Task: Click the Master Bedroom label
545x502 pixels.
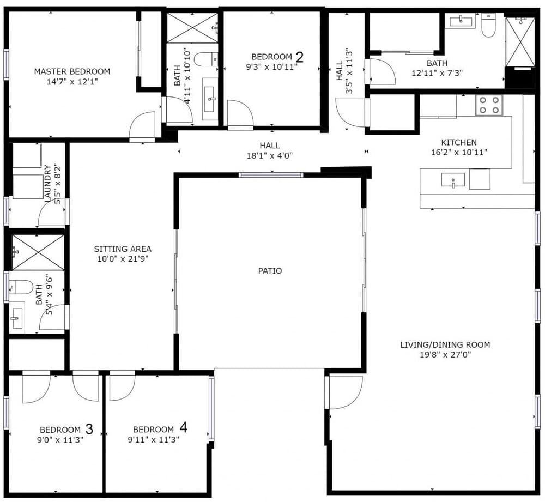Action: coord(72,71)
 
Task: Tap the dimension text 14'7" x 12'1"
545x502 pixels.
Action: coord(72,82)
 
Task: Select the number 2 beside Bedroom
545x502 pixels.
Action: coord(299,56)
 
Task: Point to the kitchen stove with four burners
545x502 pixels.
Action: coord(488,105)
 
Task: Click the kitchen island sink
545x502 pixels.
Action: coord(453,180)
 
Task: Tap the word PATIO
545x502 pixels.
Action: coord(270,270)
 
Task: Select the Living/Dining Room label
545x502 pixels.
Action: coord(445,344)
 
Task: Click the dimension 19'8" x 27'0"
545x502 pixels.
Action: coord(445,355)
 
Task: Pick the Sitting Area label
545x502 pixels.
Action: coord(123,249)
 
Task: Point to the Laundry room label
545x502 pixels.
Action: coord(47,184)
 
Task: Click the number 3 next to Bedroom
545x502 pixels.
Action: coord(89,429)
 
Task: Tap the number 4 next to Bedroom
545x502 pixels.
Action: coord(183,428)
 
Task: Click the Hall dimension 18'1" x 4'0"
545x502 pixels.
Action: coord(270,155)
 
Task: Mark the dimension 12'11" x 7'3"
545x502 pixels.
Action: coord(437,72)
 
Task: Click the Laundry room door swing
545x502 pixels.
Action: coord(53,213)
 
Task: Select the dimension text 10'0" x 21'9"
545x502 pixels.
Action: coord(123,259)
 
